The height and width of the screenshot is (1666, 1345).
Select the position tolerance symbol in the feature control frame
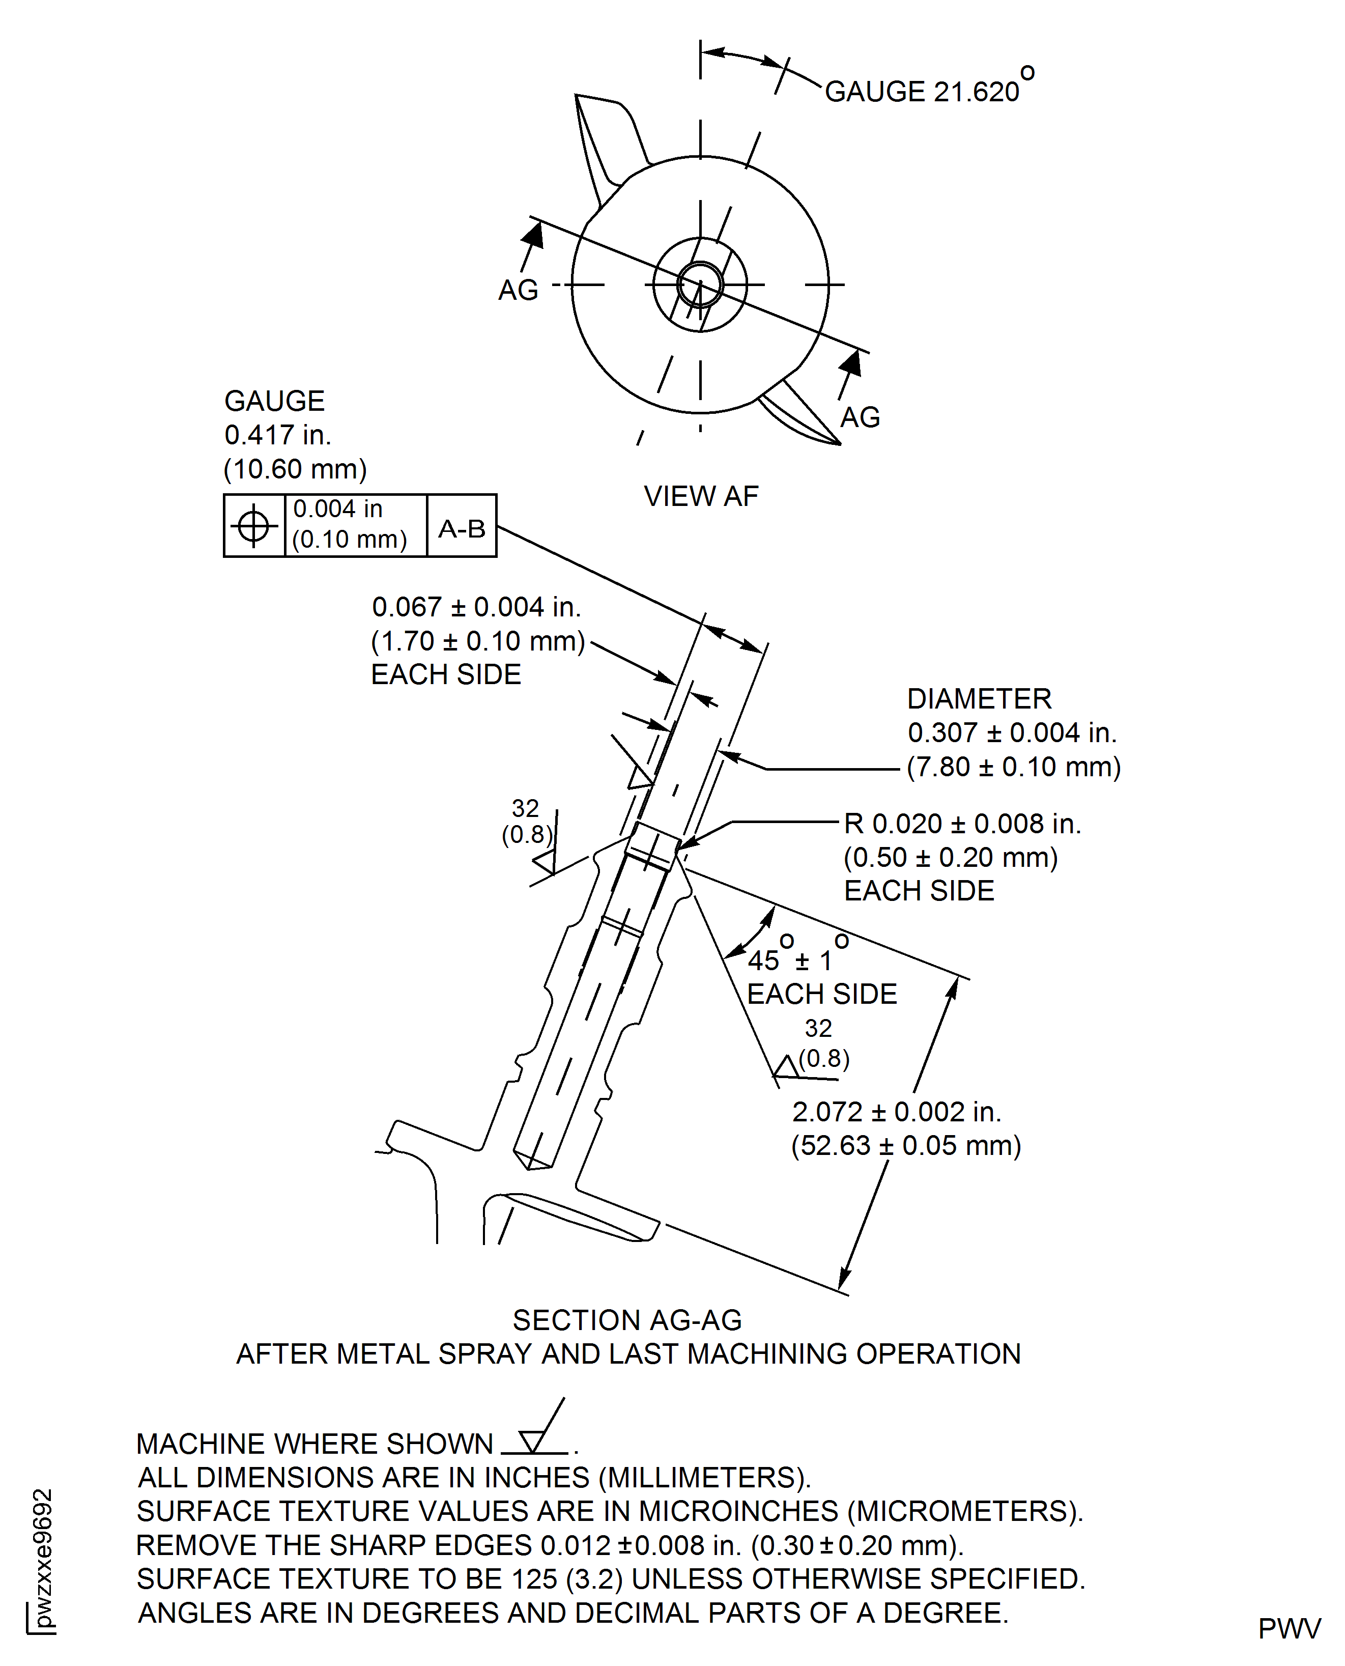pyautogui.click(x=253, y=526)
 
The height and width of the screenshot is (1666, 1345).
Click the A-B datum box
pyautogui.click(x=462, y=528)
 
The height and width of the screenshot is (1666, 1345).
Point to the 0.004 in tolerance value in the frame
pyautogui.click(x=338, y=509)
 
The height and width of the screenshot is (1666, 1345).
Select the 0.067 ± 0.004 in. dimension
pyautogui.click(x=476, y=607)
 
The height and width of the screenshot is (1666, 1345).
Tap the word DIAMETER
pyautogui.click(x=979, y=699)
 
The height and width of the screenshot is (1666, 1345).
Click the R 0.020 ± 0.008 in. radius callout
pyautogui.click(x=962, y=824)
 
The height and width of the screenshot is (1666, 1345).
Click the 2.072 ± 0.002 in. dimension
pyautogui.click(x=896, y=1112)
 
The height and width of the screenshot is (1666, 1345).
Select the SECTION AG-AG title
pyautogui.click(x=627, y=1320)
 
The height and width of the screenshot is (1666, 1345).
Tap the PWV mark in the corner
pyautogui.click(x=1289, y=1629)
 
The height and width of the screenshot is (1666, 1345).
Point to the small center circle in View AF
pyautogui.click(x=700, y=285)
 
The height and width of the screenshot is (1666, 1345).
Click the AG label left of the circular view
pyautogui.click(x=518, y=291)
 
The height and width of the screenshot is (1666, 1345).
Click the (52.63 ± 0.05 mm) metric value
pyautogui.click(x=906, y=1145)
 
